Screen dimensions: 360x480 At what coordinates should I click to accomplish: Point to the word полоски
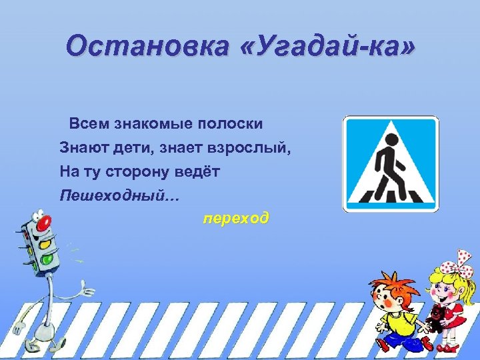(x=226, y=124)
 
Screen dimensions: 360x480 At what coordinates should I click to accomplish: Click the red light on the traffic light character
(x=44, y=225)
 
